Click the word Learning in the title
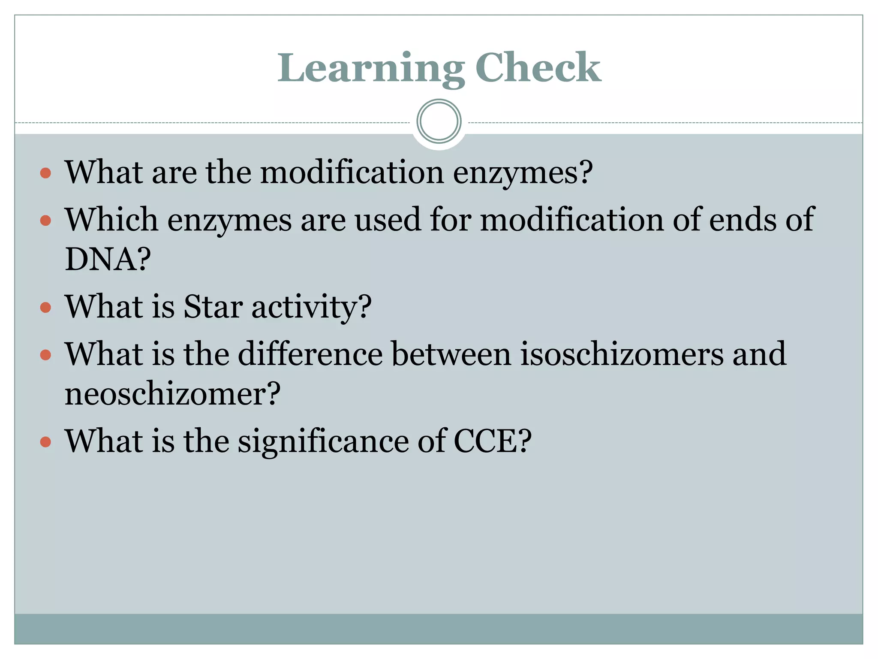click(371, 69)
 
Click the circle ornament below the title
click(439, 121)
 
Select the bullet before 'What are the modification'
click(45, 173)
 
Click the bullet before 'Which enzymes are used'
click(45, 221)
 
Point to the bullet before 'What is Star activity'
click(45, 307)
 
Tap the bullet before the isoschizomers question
click(45, 355)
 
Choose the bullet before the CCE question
click(45, 441)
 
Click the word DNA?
click(108, 260)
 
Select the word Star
click(213, 307)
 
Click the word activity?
click(311, 308)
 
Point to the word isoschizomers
click(622, 355)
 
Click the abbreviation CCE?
click(492, 441)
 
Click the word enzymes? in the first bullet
click(523, 174)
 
